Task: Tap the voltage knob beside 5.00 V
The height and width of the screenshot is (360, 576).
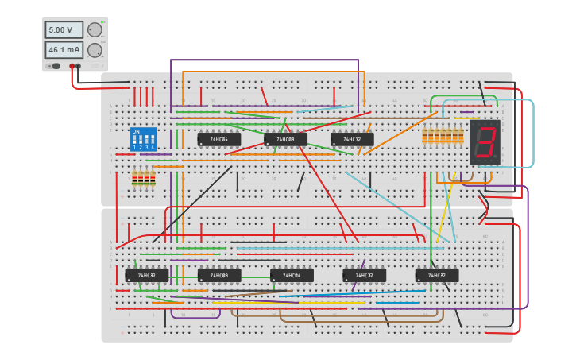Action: (x=95, y=30)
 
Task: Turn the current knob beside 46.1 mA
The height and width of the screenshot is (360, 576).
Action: (x=95, y=50)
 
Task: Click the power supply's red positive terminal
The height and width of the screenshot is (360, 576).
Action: (x=72, y=67)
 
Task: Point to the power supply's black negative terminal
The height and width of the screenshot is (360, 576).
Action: (x=78, y=67)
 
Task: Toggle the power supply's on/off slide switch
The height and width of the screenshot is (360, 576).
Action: (x=55, y=66)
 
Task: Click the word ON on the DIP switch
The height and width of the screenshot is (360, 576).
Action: (x=136, y=131)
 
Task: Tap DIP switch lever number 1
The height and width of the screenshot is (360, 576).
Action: (x=135, y=140)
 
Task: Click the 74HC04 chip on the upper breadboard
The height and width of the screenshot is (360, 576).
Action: (x=218, y=139)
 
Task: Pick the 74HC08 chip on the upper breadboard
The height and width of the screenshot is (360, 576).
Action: (x=285, y=139)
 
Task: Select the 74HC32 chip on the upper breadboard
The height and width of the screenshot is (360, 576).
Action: (x=351, y=139)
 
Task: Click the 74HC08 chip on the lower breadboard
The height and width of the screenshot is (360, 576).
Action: (x=218, y=275)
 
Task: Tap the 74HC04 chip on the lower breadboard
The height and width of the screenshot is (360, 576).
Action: (x=292, y=275)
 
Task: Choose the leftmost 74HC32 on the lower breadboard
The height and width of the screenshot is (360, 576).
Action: (x=146, y=275)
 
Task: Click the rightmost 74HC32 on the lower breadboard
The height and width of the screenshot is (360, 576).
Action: (x=436, y=275)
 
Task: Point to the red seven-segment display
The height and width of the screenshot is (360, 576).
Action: (x=485, y=142)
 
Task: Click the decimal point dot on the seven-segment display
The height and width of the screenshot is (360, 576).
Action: (x=497, y=158)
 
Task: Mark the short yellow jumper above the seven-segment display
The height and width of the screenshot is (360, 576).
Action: (x=461, y=118)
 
